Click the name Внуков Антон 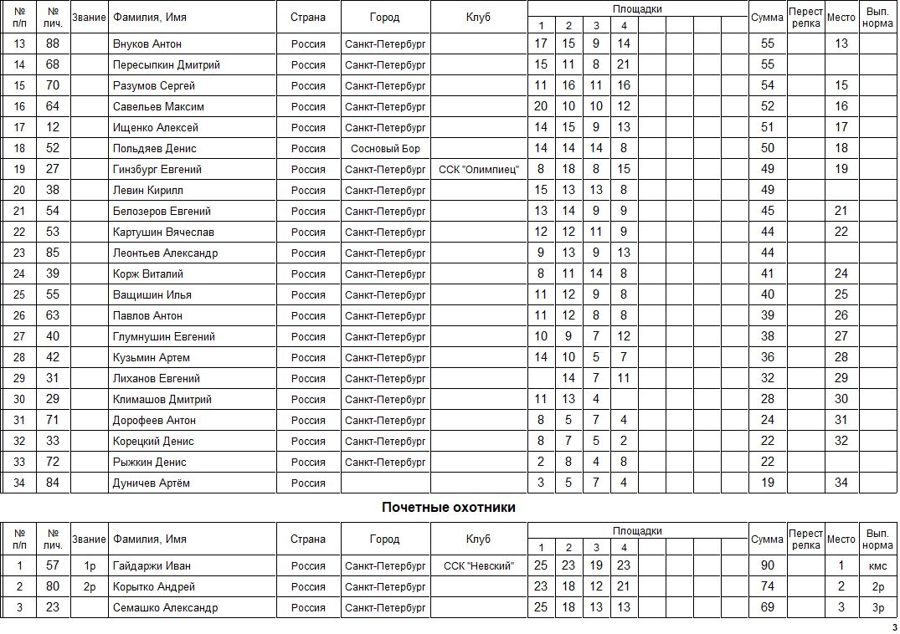pyautogui.click(x=147, y=43)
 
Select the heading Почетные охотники pyautogui.click(x=449, y=507)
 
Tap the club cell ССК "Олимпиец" pyautogui.click(x=479, y=169)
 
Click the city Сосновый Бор pyautogui.click(x=385, y=148)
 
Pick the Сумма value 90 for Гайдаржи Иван pyautogui.click(x=767, y=566)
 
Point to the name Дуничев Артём pyautogui.click(x=152, y=483)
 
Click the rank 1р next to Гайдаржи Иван pyautogui.click(x=90, y=566)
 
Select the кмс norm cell pyautogui.click(x=878, y=566)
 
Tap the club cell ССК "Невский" pyautogui.click(x=479, y=566)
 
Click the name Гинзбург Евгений pyautogui.click(x=157, y=169)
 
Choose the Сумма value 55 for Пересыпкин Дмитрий pyautogui.click(x=767, y=64)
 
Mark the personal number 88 pyautogui.click(x=53, y=43)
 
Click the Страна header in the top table pyautogui.click(x=308, y=17)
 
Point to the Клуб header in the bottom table pyautogui.click(x=479, y=539)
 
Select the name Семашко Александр pyautogui.click(x=165, y=608)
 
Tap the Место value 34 pyautogui.click(x=841, y=483)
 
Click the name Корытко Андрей pyautogui.click(x=154, y=587)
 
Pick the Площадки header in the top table pyautogui.click(x=637, y=8)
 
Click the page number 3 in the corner pyautogui.click(x=894, y=627)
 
